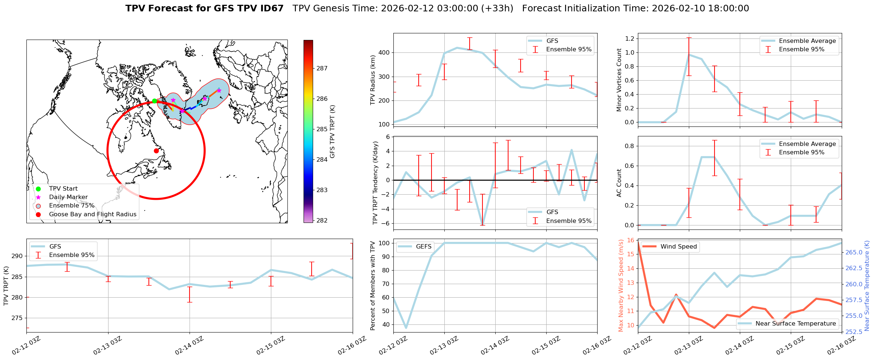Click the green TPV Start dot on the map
click(154, 101)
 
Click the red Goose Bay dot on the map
click(156, 151)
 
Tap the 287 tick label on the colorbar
click(322, 68)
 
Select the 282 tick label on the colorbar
click(322, 220)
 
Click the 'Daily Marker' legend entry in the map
click(68, 197)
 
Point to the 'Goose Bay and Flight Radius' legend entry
click(92, 214)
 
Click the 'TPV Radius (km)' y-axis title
click(373, 80)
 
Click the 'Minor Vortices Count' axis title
click(619, 80)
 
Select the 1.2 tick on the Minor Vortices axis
click(629, 38)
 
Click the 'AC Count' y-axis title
click(619, 183)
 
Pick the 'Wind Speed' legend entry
click(678, 247)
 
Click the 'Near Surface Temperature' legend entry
click(796, 324)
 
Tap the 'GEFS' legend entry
click(423, 247)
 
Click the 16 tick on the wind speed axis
click(631, 240)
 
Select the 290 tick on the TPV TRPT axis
click(17, 256)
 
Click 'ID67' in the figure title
click(271, 8)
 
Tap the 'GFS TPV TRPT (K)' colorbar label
click(333, 132)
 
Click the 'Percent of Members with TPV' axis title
click(373, 286)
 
